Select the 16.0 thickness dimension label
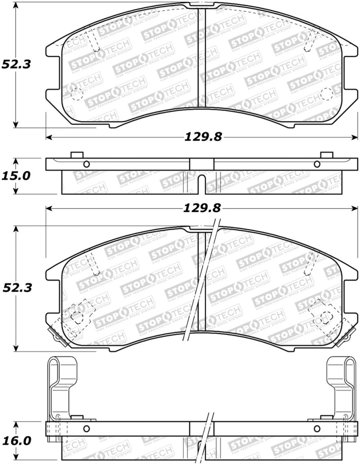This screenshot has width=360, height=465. [x=15, y=440]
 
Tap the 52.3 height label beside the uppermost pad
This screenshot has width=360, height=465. [x=15, y=64]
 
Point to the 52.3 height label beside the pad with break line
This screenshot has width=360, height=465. [x=15, y=287]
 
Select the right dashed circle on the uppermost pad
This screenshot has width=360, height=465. [x=326, y=94]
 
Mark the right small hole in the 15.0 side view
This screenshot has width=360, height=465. [x=316, y=164]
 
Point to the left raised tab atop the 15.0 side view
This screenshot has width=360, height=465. [x=77, y=155]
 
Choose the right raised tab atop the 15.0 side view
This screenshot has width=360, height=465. [x=326, y=155]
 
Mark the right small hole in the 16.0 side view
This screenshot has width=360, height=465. [x=316, y=429]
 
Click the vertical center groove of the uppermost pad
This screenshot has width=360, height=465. [x=202, y=59]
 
